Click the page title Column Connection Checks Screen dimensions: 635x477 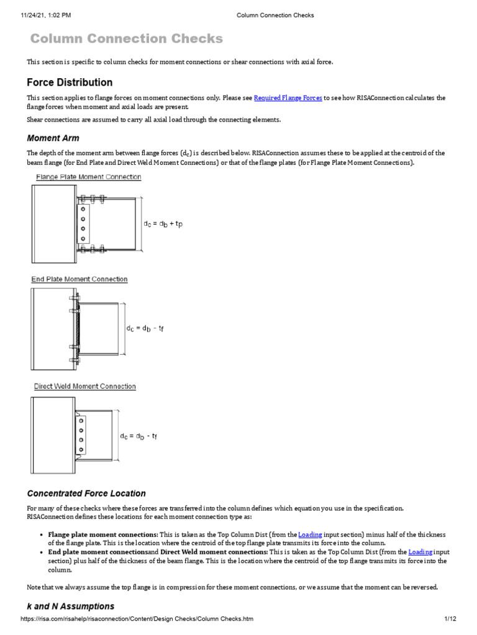click(127, 39)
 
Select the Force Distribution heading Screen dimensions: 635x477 click(70, 82)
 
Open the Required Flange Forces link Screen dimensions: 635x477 click(288, 98)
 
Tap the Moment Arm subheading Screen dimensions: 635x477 click(53, 138)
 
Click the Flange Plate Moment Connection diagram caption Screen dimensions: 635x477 click(87, 177)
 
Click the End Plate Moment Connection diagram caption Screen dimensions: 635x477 click(79, 279)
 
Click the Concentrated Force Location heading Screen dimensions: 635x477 click(86, 494)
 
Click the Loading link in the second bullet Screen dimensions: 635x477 click(420, 551)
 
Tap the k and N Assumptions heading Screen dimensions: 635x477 click(71, 606)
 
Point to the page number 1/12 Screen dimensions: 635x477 click(450, 619)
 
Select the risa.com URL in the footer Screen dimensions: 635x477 click(137, 619)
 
